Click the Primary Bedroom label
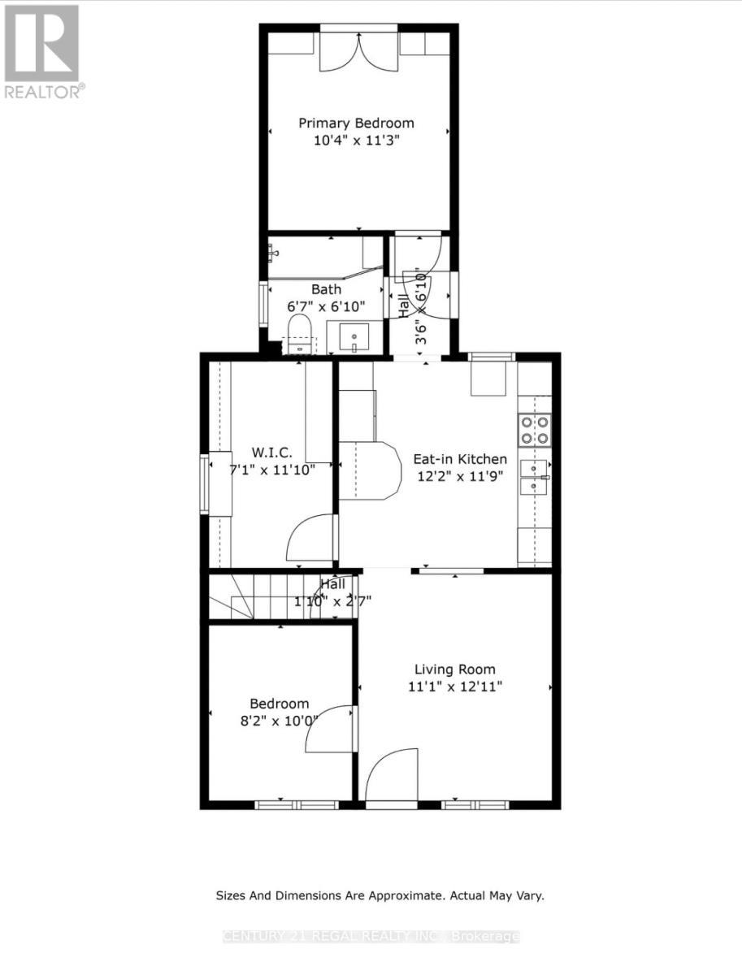(356, 123)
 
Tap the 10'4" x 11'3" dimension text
(356, 140)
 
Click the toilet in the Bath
(300, 336)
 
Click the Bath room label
(326, 289)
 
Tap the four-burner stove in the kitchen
(534, 430)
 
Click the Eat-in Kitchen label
(460, 460)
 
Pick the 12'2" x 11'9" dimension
(460, 477)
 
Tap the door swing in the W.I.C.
(310, 538)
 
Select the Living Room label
(454, 669)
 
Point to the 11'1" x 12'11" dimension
(454, 687)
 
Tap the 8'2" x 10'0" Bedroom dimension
(279, 721)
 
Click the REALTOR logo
(41, 50)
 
